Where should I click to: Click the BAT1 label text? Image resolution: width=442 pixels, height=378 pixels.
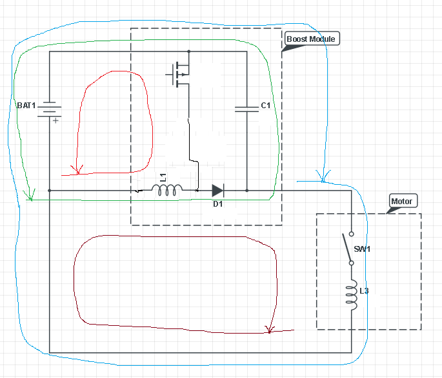(x=26, y=106)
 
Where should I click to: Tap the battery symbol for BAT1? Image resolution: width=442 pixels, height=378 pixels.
(x=49, y=109)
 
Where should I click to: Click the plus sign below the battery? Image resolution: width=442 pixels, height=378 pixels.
(x=55, y=120)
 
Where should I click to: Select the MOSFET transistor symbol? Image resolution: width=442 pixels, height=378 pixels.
(x=179, y=75)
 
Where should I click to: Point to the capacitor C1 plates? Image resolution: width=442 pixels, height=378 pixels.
(x=246, y=109)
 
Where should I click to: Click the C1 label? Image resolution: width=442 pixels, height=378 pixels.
(x=266, y=106)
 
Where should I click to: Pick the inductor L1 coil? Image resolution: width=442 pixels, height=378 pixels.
(x=167, y=190)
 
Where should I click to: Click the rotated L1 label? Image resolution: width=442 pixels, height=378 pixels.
(x=163, y=178)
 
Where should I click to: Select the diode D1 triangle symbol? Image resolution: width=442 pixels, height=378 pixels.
(x=218, y=191)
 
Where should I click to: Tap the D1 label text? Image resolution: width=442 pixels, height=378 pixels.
(x=217, y=204)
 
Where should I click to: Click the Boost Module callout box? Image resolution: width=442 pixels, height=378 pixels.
(x=312, y=39)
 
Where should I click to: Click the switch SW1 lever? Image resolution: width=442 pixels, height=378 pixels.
(x=347, y=247)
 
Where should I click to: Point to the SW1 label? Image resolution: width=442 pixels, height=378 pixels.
(x=362, y=249)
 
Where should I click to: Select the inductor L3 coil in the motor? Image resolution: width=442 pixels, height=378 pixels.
(x=352, y=294)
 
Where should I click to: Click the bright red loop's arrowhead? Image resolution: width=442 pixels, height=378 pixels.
(x=77, y=171)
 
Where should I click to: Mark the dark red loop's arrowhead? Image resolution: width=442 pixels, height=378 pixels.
(x=270, y=330)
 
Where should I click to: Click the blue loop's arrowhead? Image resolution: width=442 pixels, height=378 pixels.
(x=323, y=176)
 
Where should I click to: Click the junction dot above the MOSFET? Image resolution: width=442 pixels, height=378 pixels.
(x=189, y=52)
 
